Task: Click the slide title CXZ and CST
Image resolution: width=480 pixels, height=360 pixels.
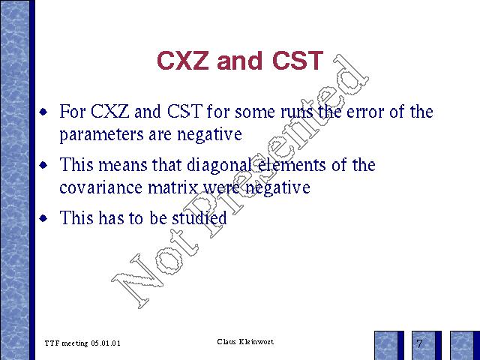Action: click(x=240, y=60)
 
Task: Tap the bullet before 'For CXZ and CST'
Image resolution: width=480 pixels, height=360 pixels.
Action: click(x=43, y=112)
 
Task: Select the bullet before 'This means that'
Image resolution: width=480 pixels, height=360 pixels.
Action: click(x=43, y=165)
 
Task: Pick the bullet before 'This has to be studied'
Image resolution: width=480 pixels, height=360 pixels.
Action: click(x=43, y=218)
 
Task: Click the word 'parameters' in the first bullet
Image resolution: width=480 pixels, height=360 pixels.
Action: click(x=101, y=135)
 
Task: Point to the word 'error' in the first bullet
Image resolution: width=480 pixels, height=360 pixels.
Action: click(x=365, y=112)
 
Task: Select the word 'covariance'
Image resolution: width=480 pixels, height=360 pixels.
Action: click(x=101, y=187)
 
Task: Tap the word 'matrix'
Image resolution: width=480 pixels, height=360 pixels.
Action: click(x=173, y=187)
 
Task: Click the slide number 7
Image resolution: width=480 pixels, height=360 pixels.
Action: click(x=419, y=343)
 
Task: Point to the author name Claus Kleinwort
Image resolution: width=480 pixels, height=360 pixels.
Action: click(x=245, y=342)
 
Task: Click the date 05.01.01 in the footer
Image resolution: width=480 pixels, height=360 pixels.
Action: click(x=106, y=343)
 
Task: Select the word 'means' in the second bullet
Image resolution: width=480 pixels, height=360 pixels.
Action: click(x=123, y=166)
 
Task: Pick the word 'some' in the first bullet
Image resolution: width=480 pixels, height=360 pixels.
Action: click(x=255, y=112)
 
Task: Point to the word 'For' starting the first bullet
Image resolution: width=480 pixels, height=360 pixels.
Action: click(x=72, y=111)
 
